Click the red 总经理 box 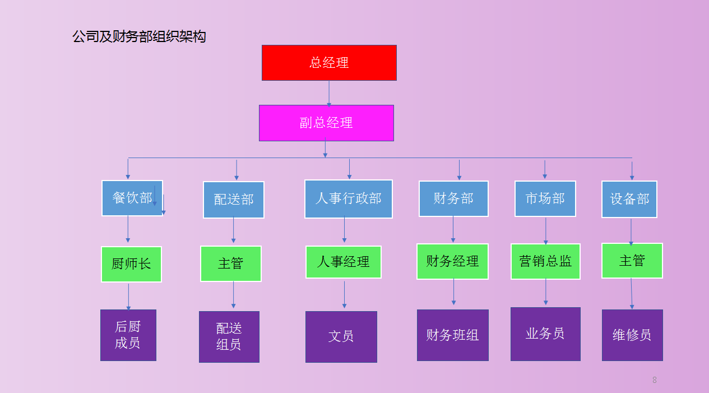329,63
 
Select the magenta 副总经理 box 326,123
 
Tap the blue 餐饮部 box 132,198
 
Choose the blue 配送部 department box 234,200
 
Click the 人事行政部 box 348,198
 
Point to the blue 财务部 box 453,198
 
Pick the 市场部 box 545,198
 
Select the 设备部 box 629,199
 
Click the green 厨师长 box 131,264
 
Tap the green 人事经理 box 343,262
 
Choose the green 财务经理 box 452,261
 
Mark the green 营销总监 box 545,261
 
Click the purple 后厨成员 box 128,335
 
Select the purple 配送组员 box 229,336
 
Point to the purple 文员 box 341,336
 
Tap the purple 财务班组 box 452,335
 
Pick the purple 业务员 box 545,334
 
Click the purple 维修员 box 632,335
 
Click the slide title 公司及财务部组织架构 139,37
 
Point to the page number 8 654,380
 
